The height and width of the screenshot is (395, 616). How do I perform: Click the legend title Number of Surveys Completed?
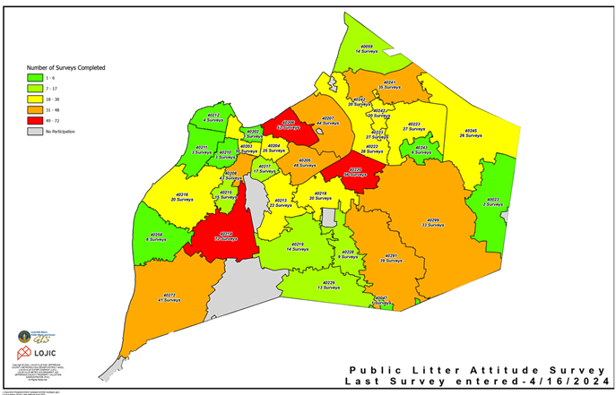click(x=66, y=67)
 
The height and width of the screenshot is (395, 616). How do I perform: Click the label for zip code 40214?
click(x=224, y=236)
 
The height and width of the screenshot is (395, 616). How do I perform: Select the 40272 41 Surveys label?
click(x=169, y=296)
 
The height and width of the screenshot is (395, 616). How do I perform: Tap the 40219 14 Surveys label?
click(x=298, y=246)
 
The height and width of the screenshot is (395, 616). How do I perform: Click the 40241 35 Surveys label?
click(x=390, y=84)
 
